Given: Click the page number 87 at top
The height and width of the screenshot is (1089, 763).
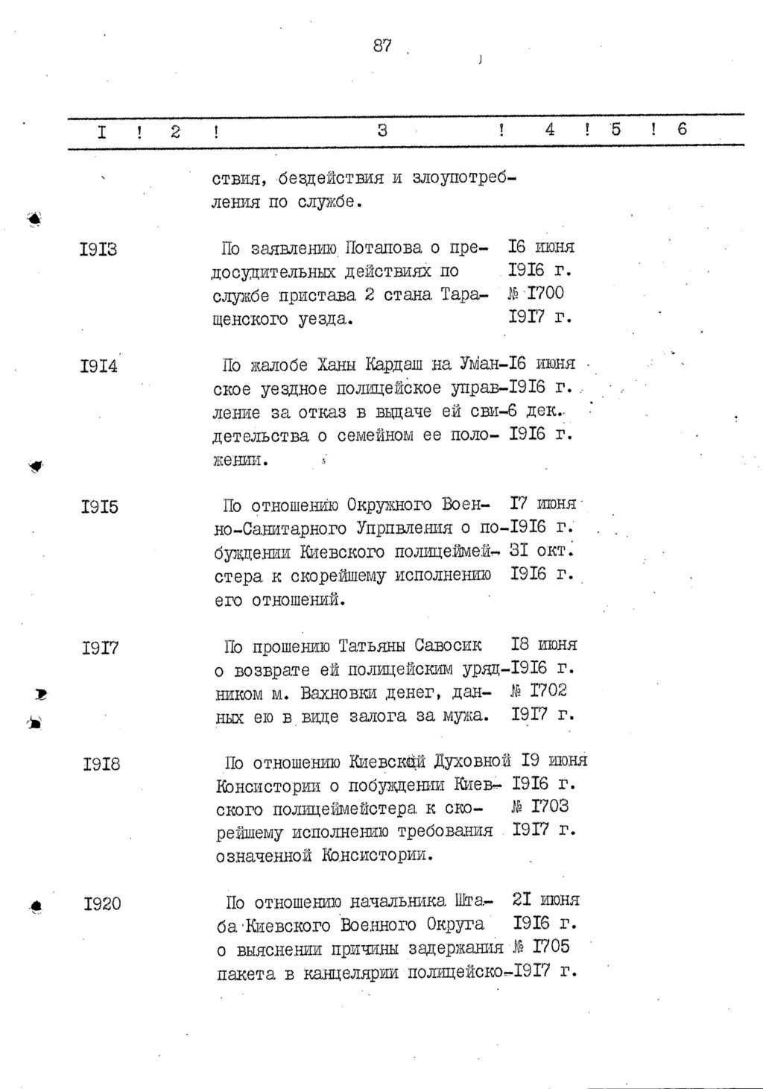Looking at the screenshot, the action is point(382,45).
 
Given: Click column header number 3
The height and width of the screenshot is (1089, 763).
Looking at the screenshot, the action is point(382,130).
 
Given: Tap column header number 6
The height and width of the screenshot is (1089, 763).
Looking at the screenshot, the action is point(682,130).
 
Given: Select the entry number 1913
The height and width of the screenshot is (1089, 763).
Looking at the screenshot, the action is point(98,248).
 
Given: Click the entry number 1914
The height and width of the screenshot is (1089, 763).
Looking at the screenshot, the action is point(98,366).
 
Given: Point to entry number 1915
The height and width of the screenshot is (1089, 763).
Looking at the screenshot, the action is point(98,507).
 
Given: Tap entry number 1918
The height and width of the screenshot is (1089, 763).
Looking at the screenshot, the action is point(101,764).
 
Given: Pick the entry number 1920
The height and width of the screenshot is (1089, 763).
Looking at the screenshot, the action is point(102,904).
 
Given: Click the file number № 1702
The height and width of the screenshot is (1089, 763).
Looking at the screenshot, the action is point(539,691).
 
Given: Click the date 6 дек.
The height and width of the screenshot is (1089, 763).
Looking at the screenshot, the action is point(533,411).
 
